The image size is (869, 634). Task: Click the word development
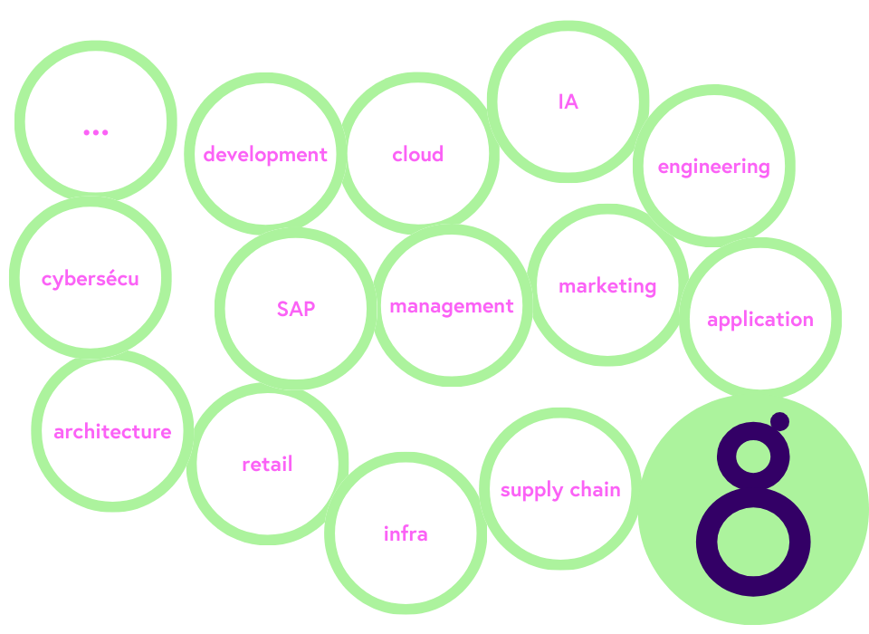pos(265,155)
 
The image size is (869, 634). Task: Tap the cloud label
pos(418,155)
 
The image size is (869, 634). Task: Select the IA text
pos(568,102)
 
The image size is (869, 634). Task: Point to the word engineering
pos(713,167)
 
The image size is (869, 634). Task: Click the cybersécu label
pos(91,278)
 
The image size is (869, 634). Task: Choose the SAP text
pos(296,309)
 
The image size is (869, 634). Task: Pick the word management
pos(452,306)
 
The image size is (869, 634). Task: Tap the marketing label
pos(607,286)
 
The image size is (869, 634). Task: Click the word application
pos(760,320)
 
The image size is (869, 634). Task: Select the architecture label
pos(112,432)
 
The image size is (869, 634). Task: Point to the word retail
pos(267,465)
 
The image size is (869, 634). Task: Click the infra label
pos(406,534)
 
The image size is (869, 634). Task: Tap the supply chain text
pos(560,490)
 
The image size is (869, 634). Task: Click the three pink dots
pos(95,132)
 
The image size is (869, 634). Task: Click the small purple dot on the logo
pos(779,421)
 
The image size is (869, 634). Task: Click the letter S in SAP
pos(282,309)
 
